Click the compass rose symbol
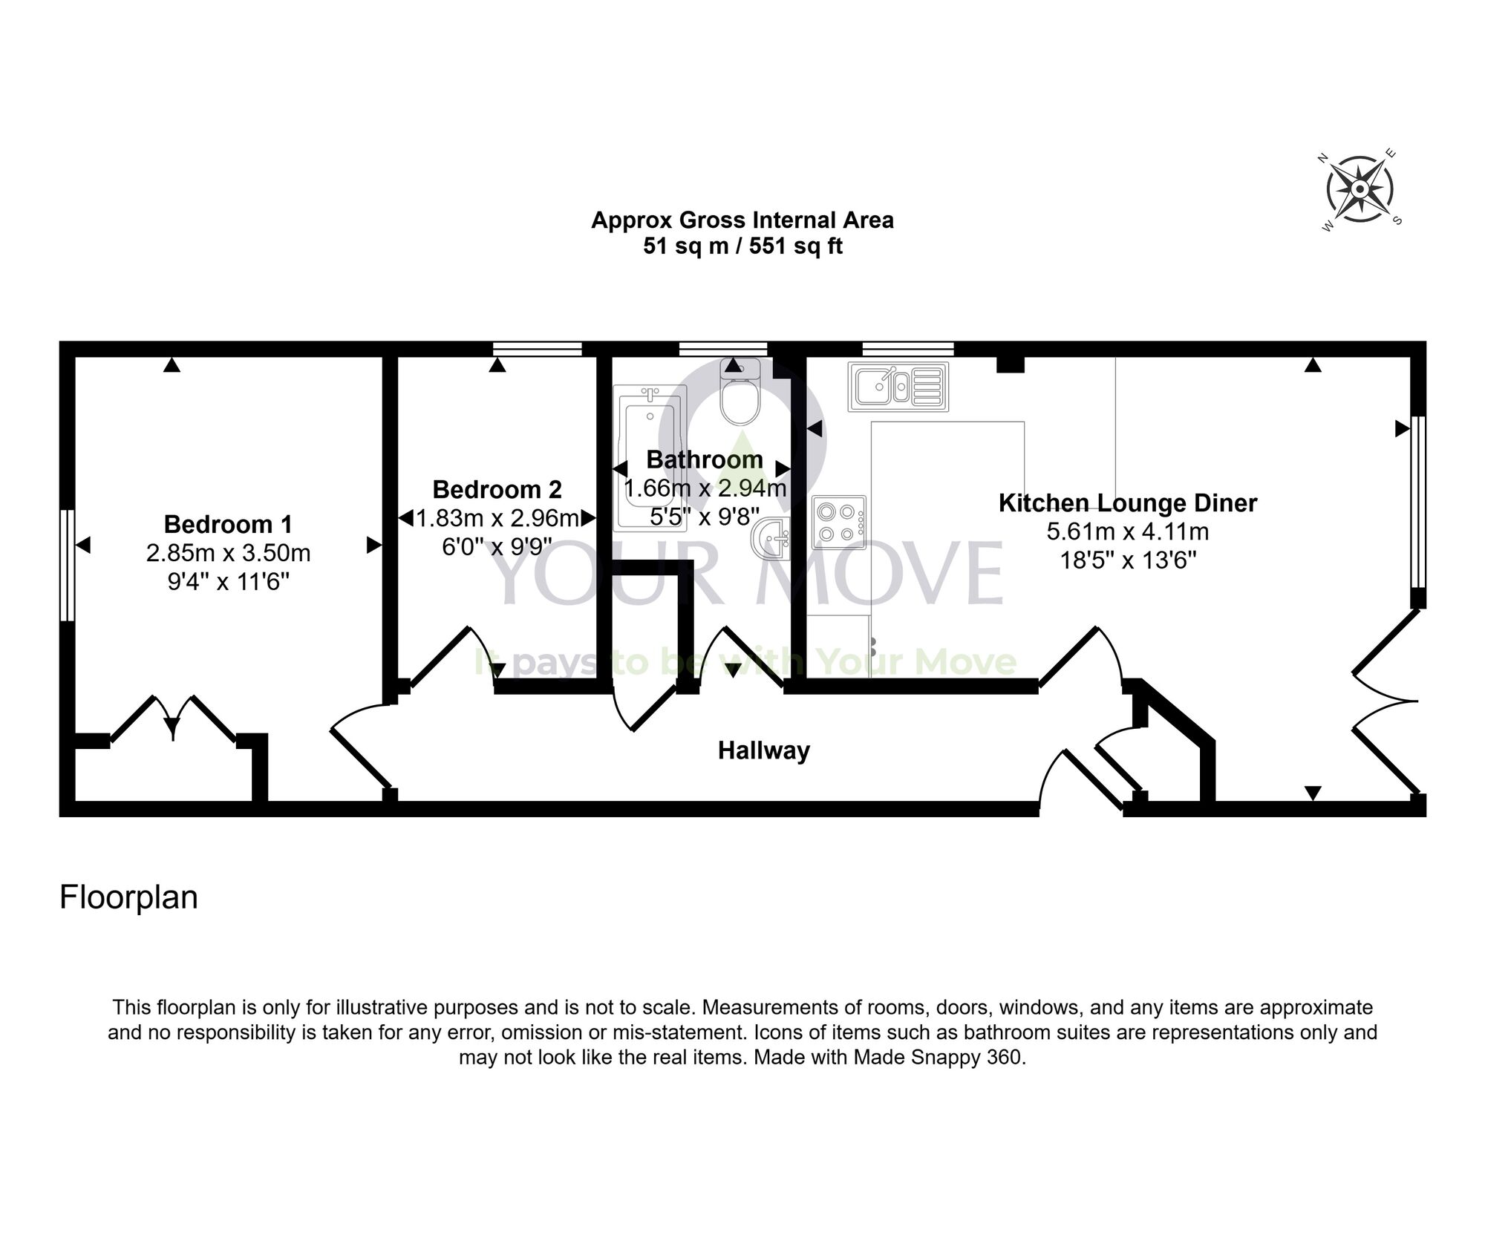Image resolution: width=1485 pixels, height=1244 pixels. tap(1359, 189)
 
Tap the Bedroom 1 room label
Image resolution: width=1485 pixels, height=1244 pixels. tap(228, 524)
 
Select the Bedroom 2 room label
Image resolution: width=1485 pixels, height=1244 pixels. tap(497, 490)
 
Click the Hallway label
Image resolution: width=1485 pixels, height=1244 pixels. tap(763, 750)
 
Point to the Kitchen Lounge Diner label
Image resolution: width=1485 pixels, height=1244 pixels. tap(1127, 503)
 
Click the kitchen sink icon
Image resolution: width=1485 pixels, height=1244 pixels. tap(898, 387)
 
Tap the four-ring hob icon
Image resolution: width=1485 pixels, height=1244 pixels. tap(839, 522)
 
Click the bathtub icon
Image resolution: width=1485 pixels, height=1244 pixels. tap(650, 456)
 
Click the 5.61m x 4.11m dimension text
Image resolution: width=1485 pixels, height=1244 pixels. tap(1127, 531)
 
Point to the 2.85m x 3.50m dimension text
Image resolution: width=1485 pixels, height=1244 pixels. tap(228, 553)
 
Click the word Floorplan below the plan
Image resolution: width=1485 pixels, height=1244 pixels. tap(128, 897)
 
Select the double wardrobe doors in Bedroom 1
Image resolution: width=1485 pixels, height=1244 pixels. tap(173, 718)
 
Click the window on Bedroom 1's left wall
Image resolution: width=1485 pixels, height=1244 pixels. tap(67, 564)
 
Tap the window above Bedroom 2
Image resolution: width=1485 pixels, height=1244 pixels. tap(538, 348)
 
